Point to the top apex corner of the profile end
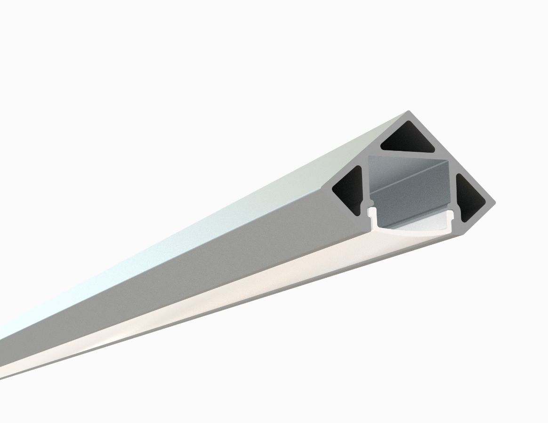coord(408,113)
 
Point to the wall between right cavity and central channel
coord(452,188)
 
